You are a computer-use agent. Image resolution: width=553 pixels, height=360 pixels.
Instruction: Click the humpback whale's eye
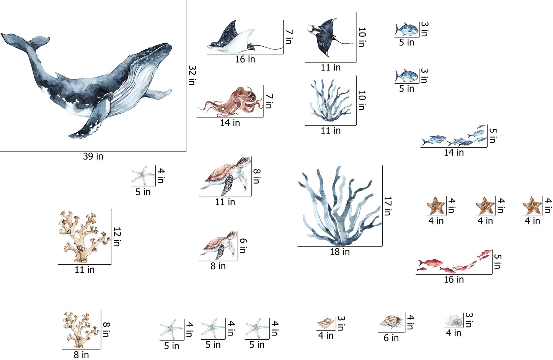point(125,73)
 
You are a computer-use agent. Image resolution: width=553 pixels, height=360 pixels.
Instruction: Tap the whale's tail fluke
point(25,41)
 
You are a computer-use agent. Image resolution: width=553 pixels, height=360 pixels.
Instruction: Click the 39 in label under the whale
point(93,156)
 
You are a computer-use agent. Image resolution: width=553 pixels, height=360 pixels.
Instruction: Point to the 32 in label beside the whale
point(192,75)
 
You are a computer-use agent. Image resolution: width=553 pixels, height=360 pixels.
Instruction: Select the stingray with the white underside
point(245,39)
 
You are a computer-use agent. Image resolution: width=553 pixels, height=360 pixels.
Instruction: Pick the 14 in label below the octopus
point(230,123)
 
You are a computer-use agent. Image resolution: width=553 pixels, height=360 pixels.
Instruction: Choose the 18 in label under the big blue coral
point(340,252)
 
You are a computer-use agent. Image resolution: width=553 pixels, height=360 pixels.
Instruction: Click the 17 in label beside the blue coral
point(388,206)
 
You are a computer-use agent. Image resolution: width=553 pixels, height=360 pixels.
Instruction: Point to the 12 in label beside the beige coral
point(117,237)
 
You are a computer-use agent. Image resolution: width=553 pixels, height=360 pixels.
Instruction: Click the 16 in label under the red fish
point(454,280)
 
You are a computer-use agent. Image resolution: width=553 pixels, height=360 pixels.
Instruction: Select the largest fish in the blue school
point(434,140)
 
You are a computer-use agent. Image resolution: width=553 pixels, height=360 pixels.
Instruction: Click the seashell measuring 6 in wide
point(391,322)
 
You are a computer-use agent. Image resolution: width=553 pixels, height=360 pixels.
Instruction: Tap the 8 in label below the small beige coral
point(81,355)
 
